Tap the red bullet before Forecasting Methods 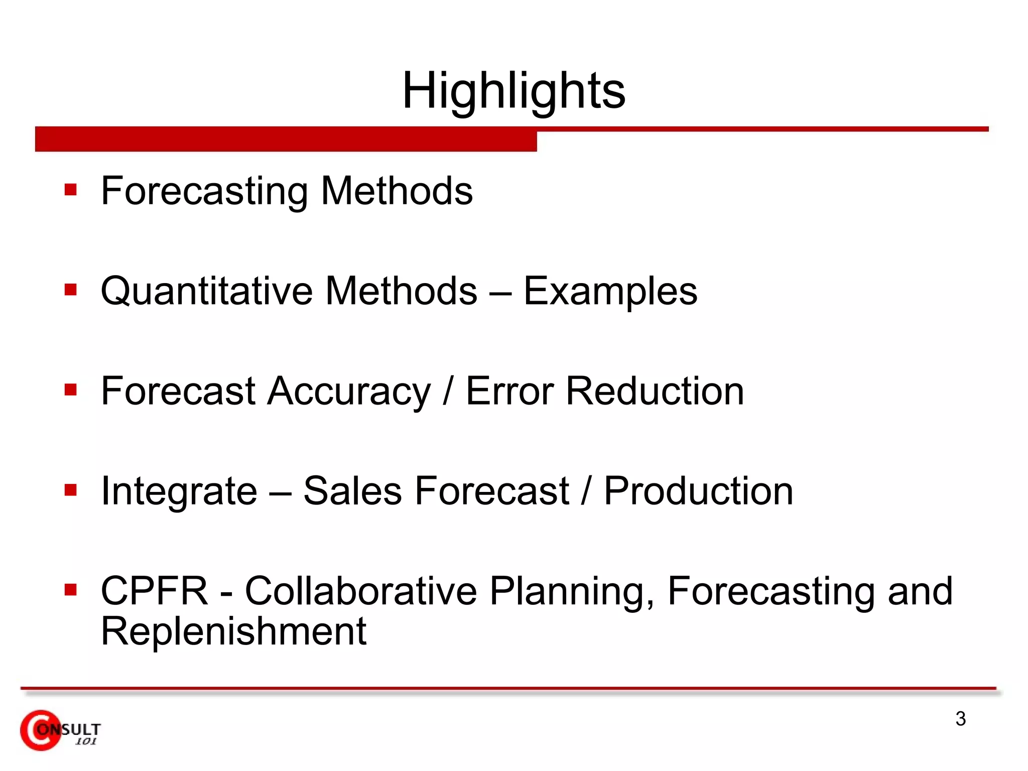click(71, 190)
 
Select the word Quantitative click(208, 291)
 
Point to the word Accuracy click(348, 392)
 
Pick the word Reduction click(655, 391)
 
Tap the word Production click(698, 491)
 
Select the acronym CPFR click(154, 591)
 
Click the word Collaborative click(360, 591)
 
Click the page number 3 click(960, 719)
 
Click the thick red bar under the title click(286, 140)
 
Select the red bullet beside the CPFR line click(71, 589)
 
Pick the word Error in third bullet click(509, 391)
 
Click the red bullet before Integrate click(71, 489)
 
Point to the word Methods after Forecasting click(397, 191)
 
